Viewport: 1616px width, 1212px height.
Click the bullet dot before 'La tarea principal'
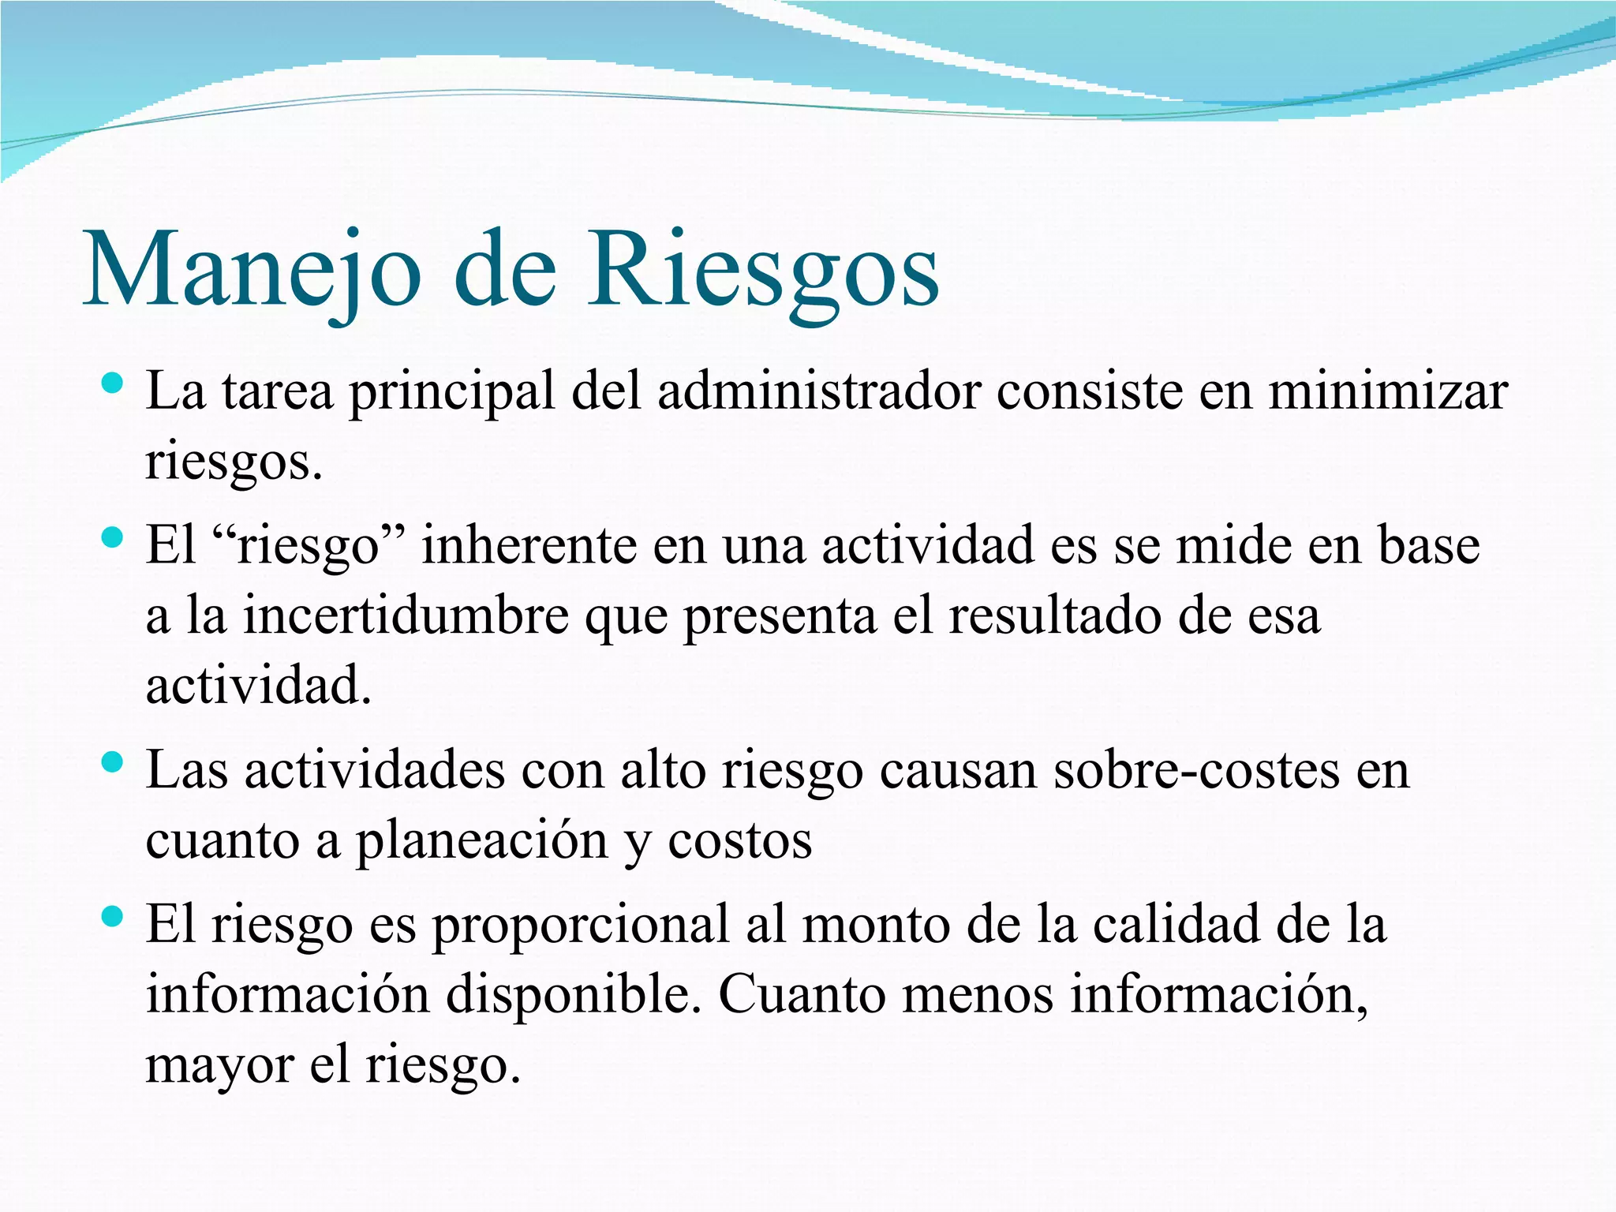pyautogui.click(x=114, y=385)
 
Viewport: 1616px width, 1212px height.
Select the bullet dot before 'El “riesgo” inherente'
pyautogui.click(x=114, y=539)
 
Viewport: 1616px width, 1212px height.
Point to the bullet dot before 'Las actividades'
pyautogui.click(x=114, y=763)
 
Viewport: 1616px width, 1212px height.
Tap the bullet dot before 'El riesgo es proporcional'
pyautogui.click(x=114, y=917)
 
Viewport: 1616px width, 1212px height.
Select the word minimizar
pyautogui.click(x=1388, y=391)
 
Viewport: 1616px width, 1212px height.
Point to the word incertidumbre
pyautogui.click(x=406, y=615)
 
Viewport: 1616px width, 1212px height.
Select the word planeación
pyautogui.click(x=481, y=841)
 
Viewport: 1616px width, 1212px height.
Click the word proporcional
pyautogui.click(x=581, y=925)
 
